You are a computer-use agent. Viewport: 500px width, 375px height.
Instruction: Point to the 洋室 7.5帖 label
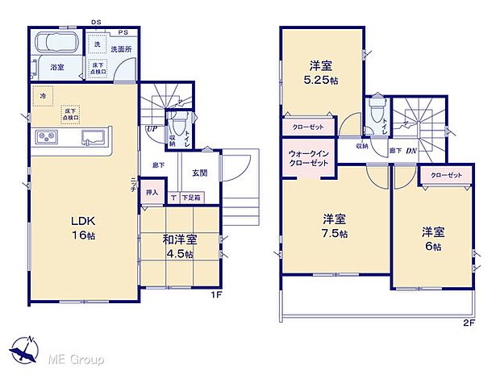tap(335, 226)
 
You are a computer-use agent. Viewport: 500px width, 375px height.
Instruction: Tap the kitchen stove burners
tap(45, 139)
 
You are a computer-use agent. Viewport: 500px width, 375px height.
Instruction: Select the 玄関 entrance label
tap(202, 171)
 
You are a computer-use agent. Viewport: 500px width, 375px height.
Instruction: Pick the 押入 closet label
tap(152, 194)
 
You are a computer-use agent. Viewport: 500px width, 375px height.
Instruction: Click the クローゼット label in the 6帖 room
tap(446, 175)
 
